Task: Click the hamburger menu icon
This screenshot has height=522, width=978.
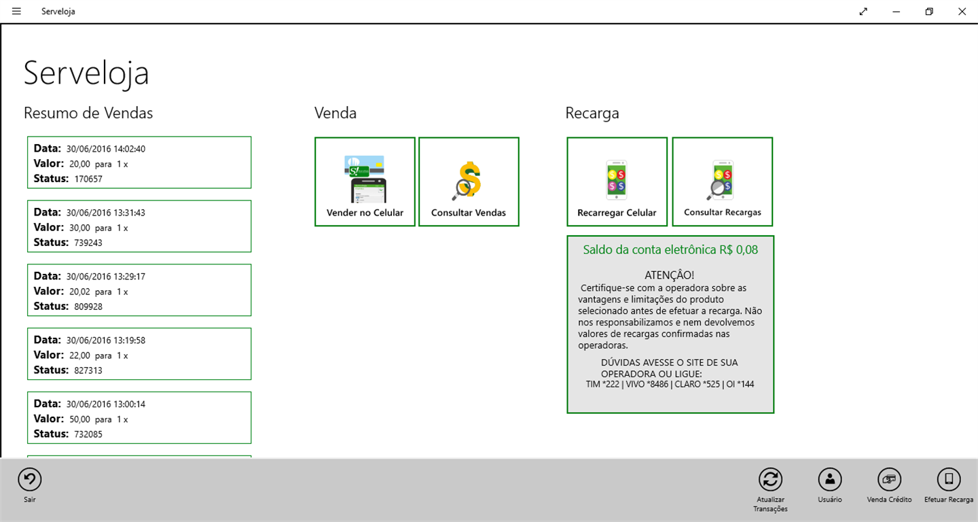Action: pos(16,12)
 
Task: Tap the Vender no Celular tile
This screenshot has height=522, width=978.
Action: pos(365,181)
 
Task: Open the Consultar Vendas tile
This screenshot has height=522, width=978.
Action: pos(469,181)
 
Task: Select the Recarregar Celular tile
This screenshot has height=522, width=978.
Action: pos(617,181)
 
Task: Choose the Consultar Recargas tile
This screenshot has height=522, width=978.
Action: pos(723,181)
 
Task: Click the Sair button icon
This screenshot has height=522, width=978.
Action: pos(30,480)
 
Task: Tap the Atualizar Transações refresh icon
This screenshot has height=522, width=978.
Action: pos(771,480)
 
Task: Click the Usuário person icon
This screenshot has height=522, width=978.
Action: pos(830,480)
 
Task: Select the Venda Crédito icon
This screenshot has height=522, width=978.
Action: pos(890,480)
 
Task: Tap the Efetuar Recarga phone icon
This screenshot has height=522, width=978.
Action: pos(949,480)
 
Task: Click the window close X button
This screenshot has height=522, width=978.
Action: pos(962,12)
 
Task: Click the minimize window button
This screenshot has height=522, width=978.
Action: pos(896,12)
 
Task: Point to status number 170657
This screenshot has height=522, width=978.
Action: pos(88,179)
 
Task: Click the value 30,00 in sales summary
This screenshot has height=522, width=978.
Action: pos(79,228)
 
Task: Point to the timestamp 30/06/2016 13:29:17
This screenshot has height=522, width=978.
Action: pos(106,277)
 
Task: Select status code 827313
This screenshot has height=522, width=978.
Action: pos(88,370)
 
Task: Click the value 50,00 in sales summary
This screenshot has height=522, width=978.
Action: pos(79,419)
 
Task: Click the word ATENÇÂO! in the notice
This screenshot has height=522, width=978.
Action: pos(670,275)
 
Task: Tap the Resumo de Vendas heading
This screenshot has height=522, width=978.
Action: pos(88,113)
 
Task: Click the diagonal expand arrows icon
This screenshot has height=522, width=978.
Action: pos(863,12)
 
